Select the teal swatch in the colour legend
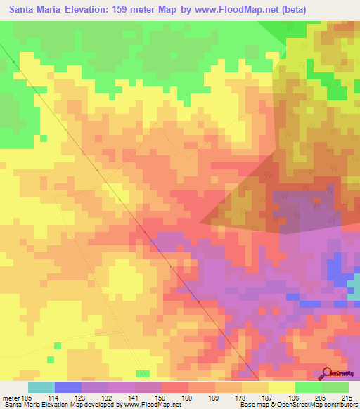41,387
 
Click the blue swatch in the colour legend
68,387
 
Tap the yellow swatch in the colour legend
282,387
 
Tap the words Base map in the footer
252,405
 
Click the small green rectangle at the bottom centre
143,373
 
